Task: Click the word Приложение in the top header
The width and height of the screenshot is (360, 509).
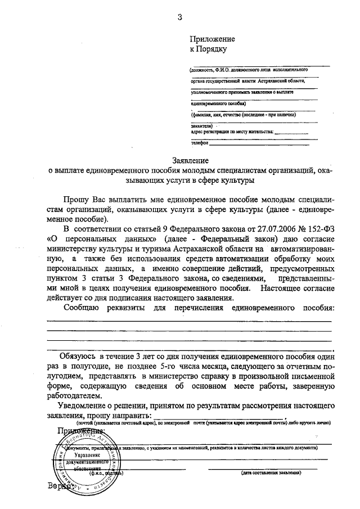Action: tap(212, 39)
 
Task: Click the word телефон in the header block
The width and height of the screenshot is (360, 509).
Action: tap(199, 143)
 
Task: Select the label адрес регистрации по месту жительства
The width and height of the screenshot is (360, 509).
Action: tap(232, 132)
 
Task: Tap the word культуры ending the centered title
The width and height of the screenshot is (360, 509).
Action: tap(239, 181)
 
